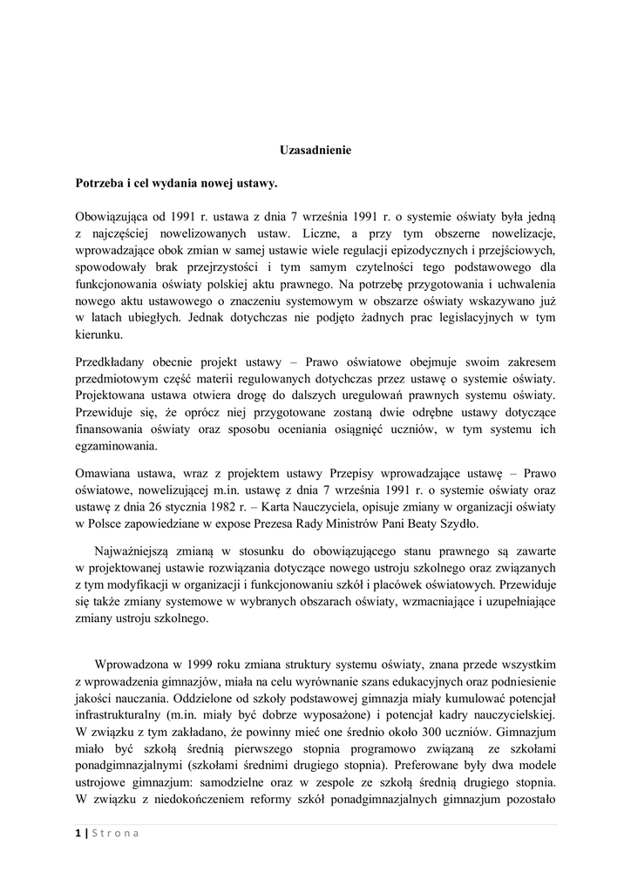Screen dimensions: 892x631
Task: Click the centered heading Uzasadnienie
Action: (315, 150)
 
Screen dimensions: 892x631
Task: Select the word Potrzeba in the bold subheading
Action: (101, 184)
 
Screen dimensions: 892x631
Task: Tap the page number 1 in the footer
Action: (78, 833)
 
